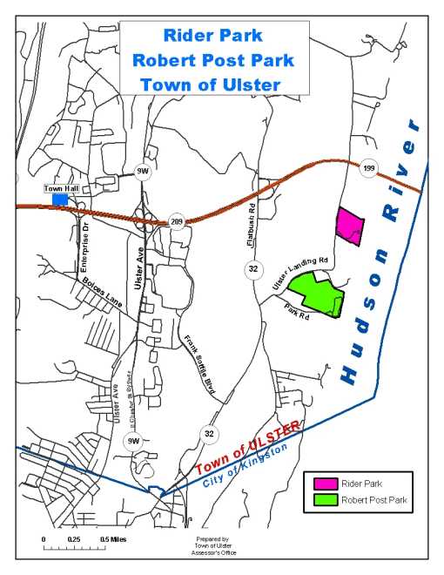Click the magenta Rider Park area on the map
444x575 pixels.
350,227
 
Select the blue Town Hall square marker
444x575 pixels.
60,200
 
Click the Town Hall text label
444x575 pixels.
60,188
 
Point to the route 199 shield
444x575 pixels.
368,168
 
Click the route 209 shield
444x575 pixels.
178,221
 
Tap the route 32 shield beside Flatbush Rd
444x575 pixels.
252,269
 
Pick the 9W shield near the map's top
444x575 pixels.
143,172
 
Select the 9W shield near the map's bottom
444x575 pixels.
132,440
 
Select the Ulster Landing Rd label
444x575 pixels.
299,271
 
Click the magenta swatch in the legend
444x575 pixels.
326,483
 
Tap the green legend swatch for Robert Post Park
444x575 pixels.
326,500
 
